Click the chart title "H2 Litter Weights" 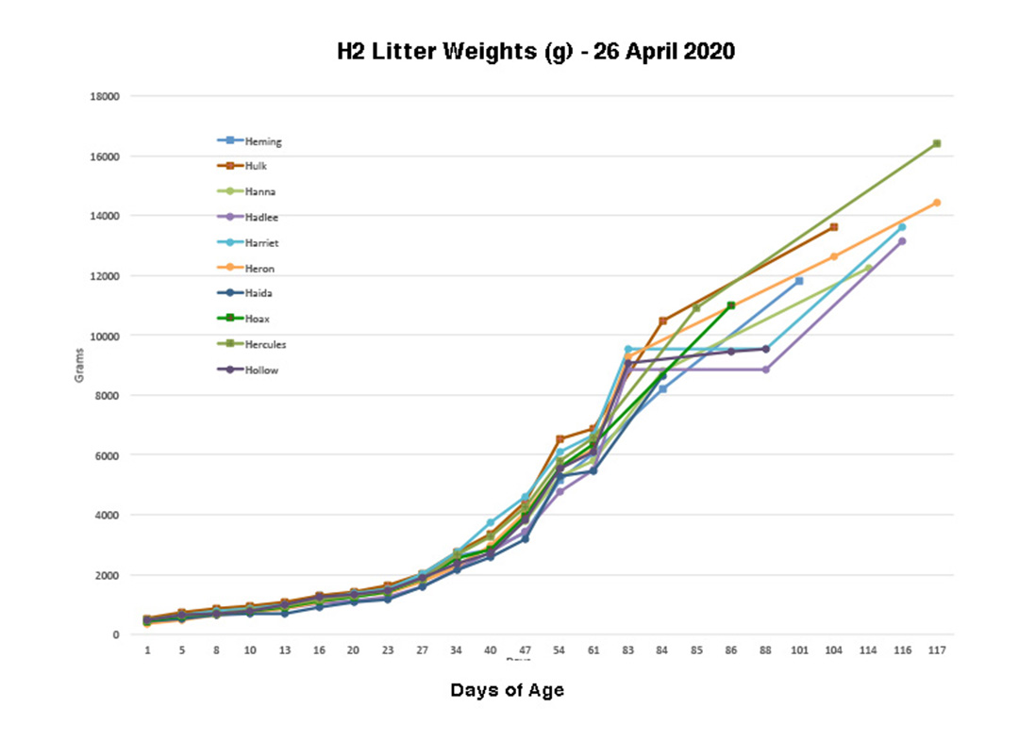(x=536, y=51)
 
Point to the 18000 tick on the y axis (x=105, y=96)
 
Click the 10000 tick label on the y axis (x=105, y=336)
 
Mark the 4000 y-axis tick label (x=108, y=515)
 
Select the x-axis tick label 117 (x=937, y=650)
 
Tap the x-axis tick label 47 (x=525, y=650)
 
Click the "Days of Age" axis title (x=507, y=690)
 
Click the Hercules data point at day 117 (x=937, y=144)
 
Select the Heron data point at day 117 (x=937, y=203)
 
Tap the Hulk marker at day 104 (x=834, y=227)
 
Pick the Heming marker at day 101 (x=799, y=281)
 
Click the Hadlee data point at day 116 (x=902, y=241)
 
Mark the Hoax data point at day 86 (x=731, y=305)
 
